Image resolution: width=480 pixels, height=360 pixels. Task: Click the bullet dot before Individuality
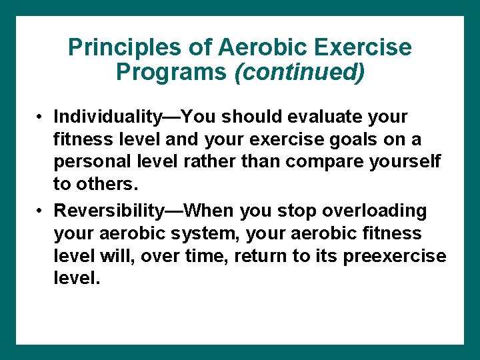(x=41, y=117)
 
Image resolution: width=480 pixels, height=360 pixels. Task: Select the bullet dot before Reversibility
(x=41, y=211)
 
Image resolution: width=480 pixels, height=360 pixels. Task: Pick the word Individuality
(x=107, y=117)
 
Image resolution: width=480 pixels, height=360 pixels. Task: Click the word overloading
(x=374, y=211)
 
